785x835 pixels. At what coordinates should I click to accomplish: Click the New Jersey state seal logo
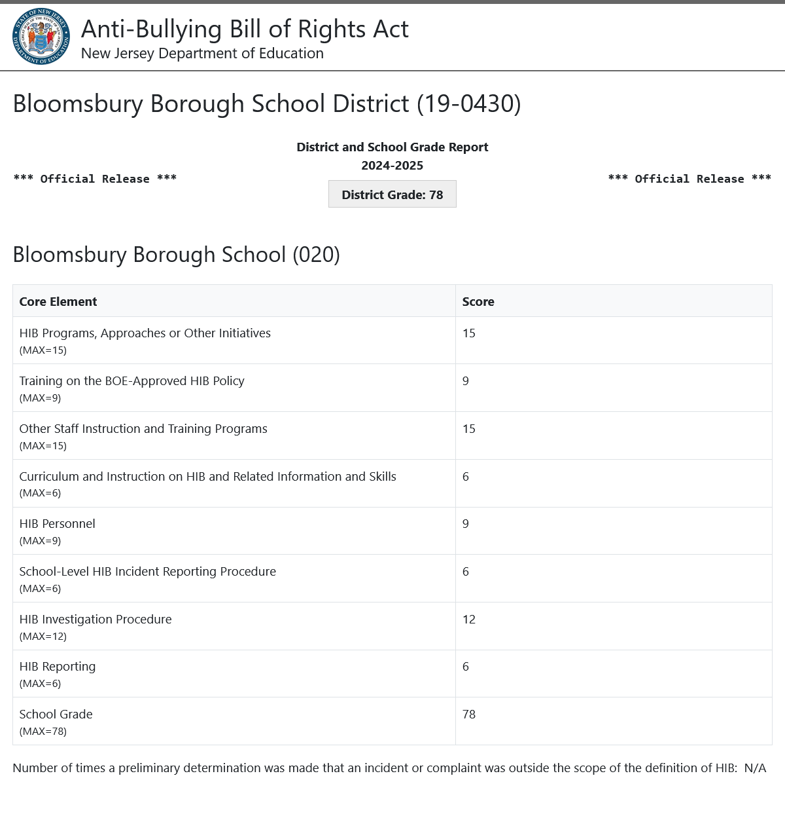tap(41, 36)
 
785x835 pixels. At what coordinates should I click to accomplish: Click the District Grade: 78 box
tap(392, 195)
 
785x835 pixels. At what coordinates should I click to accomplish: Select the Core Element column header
tap(58, 302)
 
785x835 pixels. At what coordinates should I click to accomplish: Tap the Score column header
tap(478, 302)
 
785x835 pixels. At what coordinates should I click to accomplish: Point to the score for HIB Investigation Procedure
tap(469, 620)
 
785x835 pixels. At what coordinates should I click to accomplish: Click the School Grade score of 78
tap(469, 714)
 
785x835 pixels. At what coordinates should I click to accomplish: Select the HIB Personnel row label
tap(58, 524)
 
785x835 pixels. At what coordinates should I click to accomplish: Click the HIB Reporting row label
tap(58, 667)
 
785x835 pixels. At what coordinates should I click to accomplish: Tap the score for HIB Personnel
tap(466, 524)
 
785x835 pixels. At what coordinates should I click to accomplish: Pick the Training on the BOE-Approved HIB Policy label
tap(132, 381)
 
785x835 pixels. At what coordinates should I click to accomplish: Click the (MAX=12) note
tap(43, 637)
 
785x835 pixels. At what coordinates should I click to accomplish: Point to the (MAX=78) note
tap(43, 732)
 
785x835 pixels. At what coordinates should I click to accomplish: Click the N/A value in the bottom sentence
tap(755, 768)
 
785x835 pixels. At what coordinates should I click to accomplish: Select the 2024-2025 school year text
tap(392, 166)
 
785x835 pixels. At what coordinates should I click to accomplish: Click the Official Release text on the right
tap(689, 179)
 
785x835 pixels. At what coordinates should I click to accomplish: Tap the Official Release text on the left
tap(95, 179)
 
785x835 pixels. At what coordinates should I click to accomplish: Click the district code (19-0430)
tap(469, 104)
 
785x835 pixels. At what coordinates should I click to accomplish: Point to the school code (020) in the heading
tap(316, 255)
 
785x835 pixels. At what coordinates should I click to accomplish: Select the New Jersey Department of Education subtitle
tap(202, 54)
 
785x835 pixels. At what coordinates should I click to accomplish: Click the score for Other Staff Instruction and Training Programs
tap(469, 429)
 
